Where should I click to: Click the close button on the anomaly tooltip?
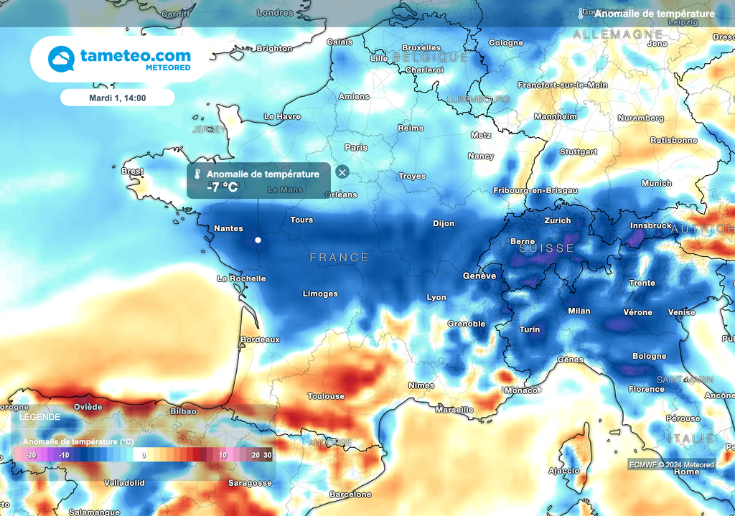tap(342, 172)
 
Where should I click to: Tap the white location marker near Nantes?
tap(257, 240)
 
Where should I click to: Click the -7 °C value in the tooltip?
tap(222, 187)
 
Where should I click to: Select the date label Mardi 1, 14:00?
tap(118, 98)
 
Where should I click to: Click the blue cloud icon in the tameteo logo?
tap(62, 58)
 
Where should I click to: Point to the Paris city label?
tap(356, 147)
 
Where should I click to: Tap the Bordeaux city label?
tap(260, 339)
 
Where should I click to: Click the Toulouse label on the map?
tap(326, 396)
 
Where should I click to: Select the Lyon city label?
tap(436, 297)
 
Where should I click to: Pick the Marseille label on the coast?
tap(454, 410)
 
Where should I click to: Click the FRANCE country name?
tap(339, 257)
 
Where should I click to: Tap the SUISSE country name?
tap(547, 248)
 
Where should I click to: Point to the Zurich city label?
tap(558, 220)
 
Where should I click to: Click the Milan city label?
tap(579, 311)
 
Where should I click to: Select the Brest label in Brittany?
tap(133, 172)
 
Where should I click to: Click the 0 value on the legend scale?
tap(144, 455)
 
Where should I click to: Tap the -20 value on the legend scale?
tap(31, 455)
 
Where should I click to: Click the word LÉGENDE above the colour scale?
tap(40, 417)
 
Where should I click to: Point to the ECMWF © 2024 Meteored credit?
tap(672, 464)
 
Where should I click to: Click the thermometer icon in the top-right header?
tap(581, 14)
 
